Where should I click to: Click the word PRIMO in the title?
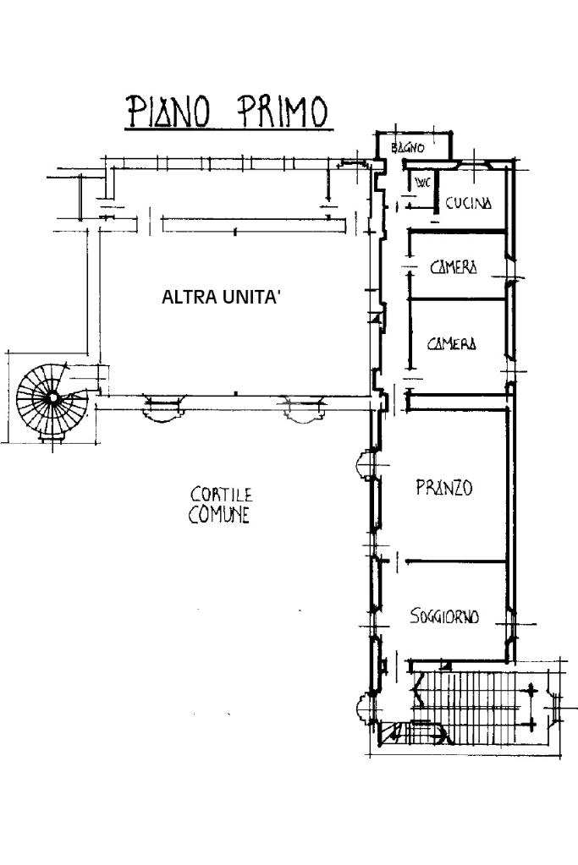(282, 112)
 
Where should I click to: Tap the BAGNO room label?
(407, 148)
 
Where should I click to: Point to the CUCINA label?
(468, 203)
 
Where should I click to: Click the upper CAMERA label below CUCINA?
(454, 268)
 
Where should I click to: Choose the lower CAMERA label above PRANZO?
(451, 344)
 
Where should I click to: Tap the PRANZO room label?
(443, 489)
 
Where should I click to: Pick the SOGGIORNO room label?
(444, 616)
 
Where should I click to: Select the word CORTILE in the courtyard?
(221, 494)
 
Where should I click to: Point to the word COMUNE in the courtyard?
(219, 515)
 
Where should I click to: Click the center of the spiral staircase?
(52, 396)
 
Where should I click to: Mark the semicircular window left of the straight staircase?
(365, 707)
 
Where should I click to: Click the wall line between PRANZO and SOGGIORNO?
(453, 560)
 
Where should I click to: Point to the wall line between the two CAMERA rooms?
(457, 298)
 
